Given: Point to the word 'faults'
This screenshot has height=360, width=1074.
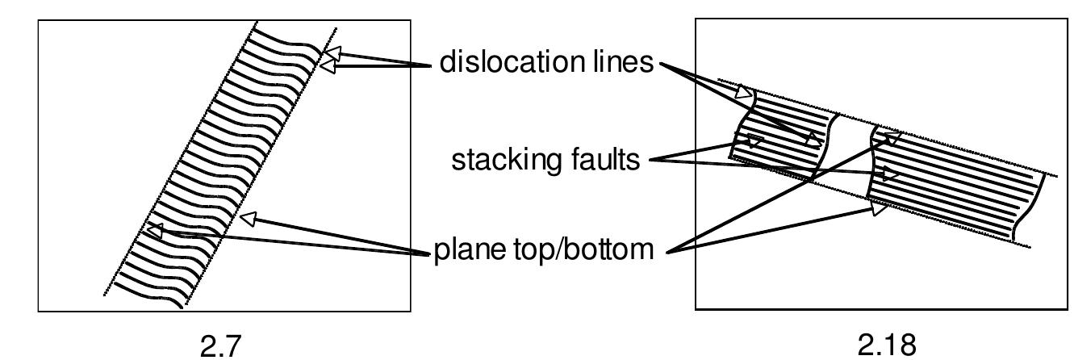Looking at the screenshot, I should [601, 160].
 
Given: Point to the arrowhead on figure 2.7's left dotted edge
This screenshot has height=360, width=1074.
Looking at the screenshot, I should [153, 231].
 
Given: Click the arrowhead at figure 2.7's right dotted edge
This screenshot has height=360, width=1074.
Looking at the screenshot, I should [249, 217].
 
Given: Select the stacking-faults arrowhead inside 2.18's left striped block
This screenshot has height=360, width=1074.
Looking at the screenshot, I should [753, 142].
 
